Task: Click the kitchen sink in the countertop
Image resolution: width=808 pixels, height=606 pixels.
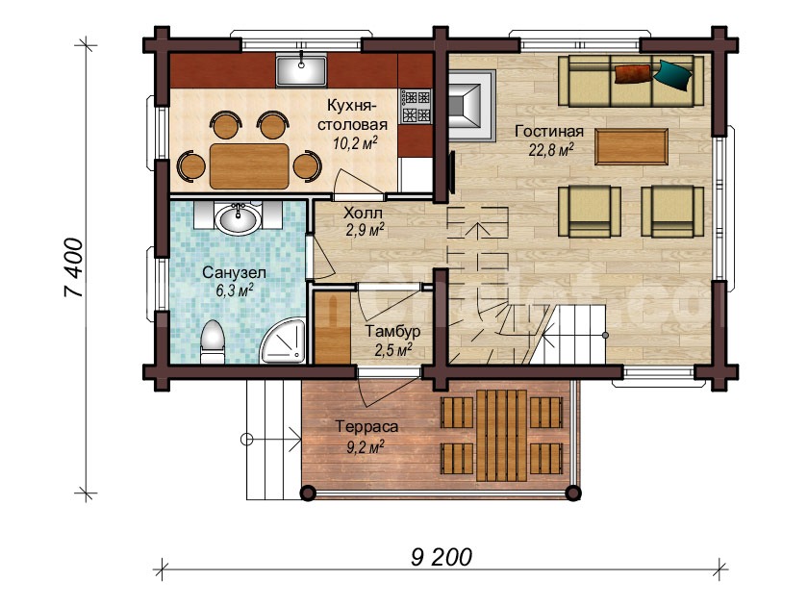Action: coord(301,70)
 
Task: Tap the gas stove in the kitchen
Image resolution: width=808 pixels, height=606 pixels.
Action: coord(416,106)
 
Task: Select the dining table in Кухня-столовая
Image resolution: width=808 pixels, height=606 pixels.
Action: coord(249,165)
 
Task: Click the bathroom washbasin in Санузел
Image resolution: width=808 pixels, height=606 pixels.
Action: coord(239,218)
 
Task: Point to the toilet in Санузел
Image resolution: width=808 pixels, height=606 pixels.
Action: coord(213,341)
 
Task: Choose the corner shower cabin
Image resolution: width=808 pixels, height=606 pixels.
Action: coord(283,341)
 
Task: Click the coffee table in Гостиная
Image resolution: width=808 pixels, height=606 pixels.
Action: coord(631,147)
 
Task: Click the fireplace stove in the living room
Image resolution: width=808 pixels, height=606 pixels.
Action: coord(470,106)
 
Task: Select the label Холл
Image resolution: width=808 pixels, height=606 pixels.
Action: coord(363,213)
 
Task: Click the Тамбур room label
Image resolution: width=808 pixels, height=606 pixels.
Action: coord(392,331)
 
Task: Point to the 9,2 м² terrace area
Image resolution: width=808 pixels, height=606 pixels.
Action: coord(366,446)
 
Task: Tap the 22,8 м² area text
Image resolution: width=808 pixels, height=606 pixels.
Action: coord(551,150)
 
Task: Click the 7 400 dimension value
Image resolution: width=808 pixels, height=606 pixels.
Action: coord(73,267)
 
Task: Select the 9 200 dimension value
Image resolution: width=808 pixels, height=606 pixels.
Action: coord(442,557)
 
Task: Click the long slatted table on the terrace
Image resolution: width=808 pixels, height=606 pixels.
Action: coord(501,435)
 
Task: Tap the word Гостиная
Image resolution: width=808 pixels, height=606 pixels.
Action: coord(549,132)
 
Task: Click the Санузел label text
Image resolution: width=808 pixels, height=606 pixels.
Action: coord(234,272)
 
